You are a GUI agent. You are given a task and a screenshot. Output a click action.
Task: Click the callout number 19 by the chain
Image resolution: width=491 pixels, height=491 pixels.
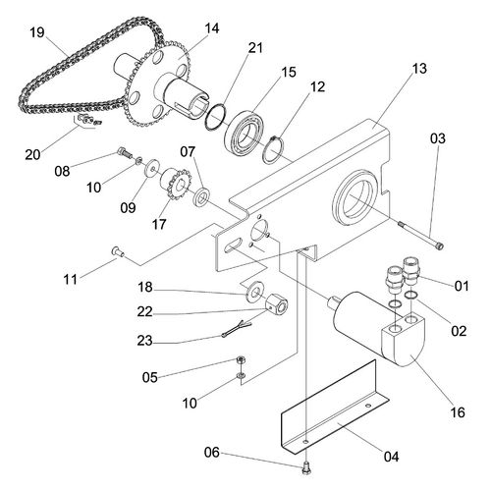[37, 32]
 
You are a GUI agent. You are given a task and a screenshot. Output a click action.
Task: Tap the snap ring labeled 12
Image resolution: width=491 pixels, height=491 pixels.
[273, 149]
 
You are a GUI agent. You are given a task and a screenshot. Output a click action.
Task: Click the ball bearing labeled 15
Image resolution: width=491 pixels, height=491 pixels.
[245, 132]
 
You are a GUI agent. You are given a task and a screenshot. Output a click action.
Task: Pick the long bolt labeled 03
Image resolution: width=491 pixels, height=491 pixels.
[420, 235]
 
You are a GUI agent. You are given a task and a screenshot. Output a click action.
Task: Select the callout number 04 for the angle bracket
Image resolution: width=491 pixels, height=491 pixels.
[391, 457]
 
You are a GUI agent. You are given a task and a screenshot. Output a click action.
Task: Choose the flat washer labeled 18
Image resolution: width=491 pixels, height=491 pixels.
[254, 291]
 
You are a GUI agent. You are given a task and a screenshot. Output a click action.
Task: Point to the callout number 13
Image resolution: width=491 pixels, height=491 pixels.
[419, 69]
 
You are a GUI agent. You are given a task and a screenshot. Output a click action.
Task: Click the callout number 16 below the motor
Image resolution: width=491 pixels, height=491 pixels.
[458, 412]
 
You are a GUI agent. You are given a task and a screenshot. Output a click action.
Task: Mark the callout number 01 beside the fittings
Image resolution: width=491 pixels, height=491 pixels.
[462, 286]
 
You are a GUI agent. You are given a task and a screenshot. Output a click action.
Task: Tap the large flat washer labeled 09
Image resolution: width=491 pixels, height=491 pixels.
[152, 168]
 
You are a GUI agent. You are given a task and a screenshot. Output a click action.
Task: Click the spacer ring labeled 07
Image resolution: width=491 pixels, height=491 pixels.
[201, 196]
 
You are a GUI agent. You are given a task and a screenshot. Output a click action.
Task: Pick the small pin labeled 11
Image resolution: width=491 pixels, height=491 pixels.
[118, 251]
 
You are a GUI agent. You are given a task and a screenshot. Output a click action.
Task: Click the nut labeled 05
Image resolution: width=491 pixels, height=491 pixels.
[241, 360]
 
